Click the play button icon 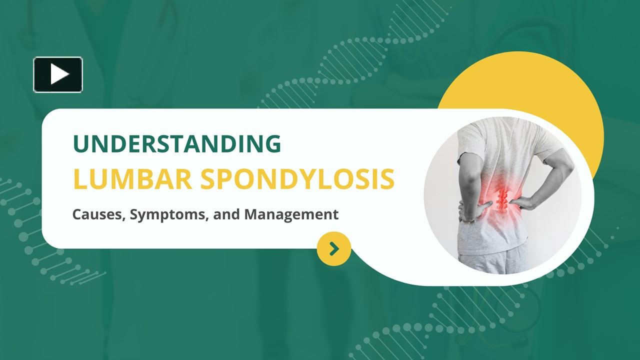click(x=58, y=74)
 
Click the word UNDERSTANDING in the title click(x=176, y=144)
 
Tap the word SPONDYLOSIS click(x=297, y=180)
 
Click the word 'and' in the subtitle click(x=226, y=215)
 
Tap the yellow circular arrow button click(x=334, y=248)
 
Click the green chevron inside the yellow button click(x=334, y=248)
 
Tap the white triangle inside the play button click(x=59, y=74)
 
